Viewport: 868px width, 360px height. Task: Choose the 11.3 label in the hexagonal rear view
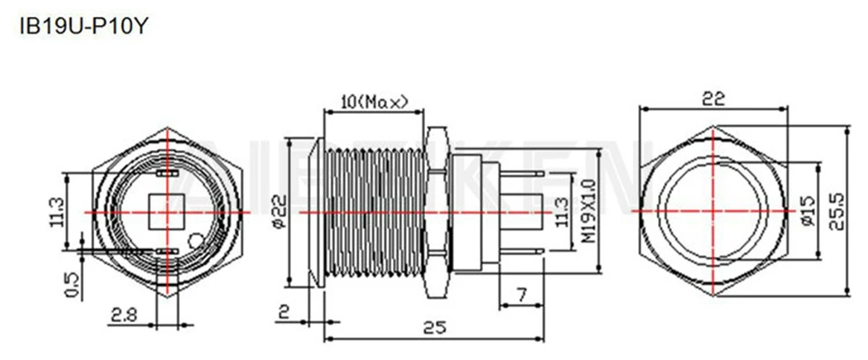point(56,213)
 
